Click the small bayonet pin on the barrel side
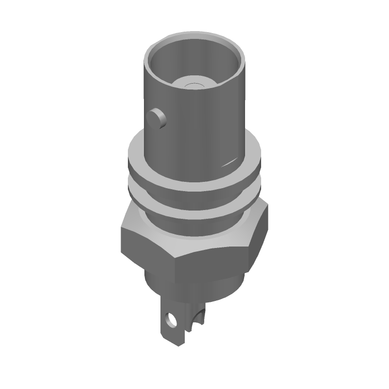(157, 117)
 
